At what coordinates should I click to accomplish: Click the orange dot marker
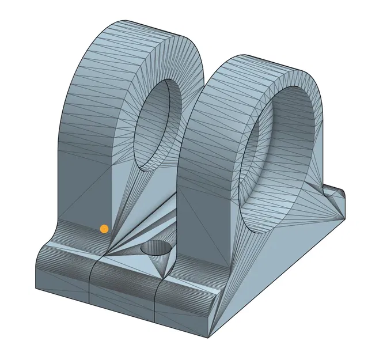pyautogui.click(x=104, y=229)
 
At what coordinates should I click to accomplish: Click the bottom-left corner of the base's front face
pyautogui.click(x=36, y=289)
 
